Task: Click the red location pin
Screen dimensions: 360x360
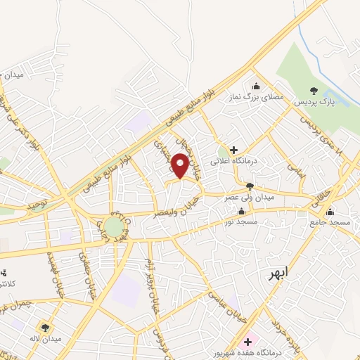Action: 180,166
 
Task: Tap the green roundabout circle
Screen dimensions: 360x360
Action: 113,226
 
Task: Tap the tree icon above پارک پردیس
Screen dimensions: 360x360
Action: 314,91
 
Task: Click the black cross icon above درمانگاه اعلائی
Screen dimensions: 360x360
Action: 233,150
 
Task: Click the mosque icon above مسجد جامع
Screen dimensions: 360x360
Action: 330,211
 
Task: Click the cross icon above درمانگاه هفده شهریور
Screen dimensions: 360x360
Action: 247,341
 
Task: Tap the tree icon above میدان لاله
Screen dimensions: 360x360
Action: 45,327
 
